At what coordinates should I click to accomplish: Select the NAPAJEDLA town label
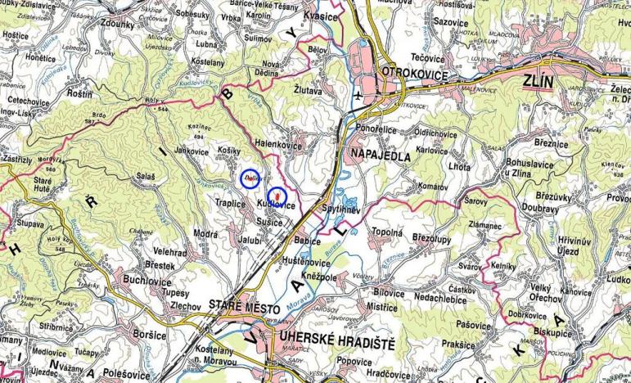point(379,153)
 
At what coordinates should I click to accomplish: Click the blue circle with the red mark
point(277,195)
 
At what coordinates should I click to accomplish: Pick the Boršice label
point(150,335)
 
